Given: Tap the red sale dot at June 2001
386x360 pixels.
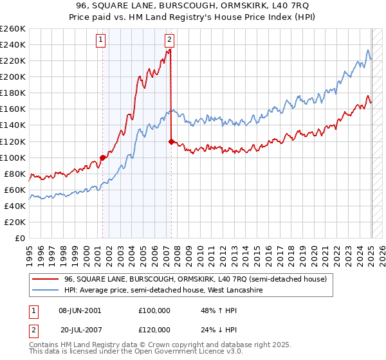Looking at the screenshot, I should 102,157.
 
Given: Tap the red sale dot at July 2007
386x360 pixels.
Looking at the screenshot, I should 171,141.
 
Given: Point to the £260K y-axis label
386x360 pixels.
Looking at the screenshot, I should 13,29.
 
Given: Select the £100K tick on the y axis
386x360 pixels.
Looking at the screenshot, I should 13,157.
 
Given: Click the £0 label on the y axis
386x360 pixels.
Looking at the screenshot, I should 21,238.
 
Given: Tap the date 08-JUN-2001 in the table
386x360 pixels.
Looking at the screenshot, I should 79,310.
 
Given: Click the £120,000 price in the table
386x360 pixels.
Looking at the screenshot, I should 154,328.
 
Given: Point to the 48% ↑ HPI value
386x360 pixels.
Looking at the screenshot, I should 215,310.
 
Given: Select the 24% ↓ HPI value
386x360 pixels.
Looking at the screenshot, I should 215,328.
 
